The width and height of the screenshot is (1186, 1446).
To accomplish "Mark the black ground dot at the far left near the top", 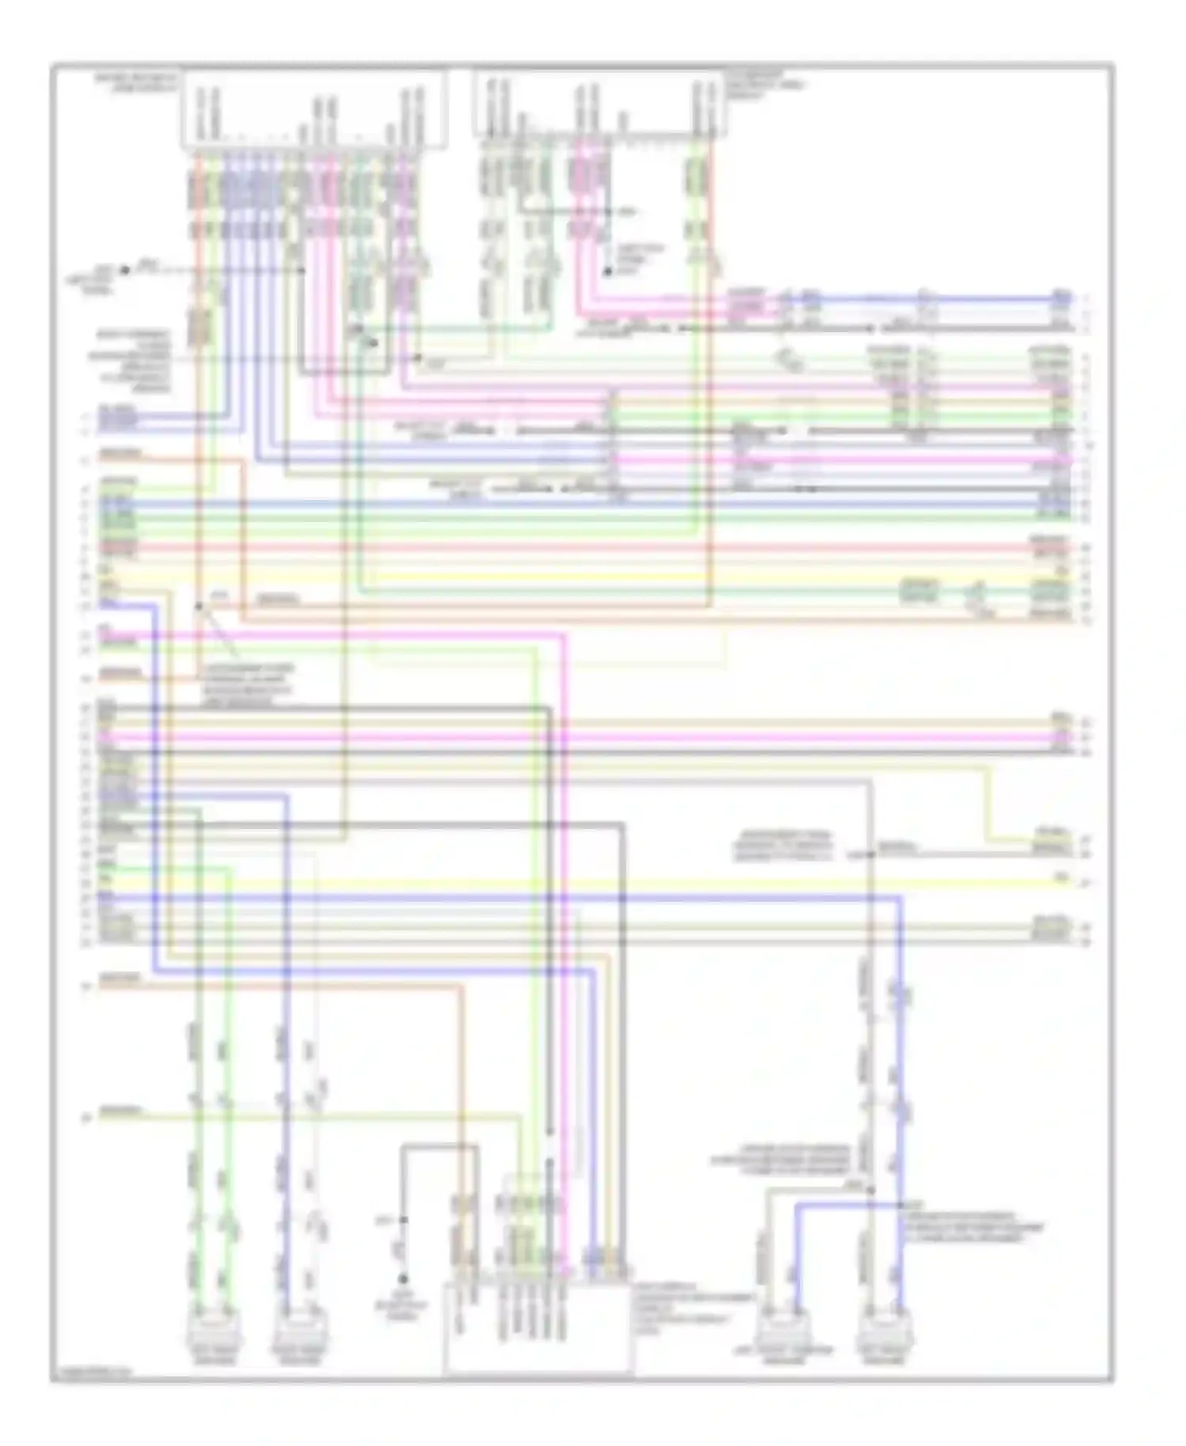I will pos(124,270).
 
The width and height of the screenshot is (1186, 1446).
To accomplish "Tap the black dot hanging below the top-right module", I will pos(608,271).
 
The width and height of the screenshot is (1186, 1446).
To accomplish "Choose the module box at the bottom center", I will pos(538,1329).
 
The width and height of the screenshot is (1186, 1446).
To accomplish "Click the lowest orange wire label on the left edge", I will pos(120,979).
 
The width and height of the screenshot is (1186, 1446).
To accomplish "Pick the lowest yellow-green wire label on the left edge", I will pos(120,1111).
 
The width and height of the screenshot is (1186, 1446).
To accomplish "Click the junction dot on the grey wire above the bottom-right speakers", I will pos(870,1189).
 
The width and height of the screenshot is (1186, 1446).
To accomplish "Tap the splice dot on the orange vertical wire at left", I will pos(198,607).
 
